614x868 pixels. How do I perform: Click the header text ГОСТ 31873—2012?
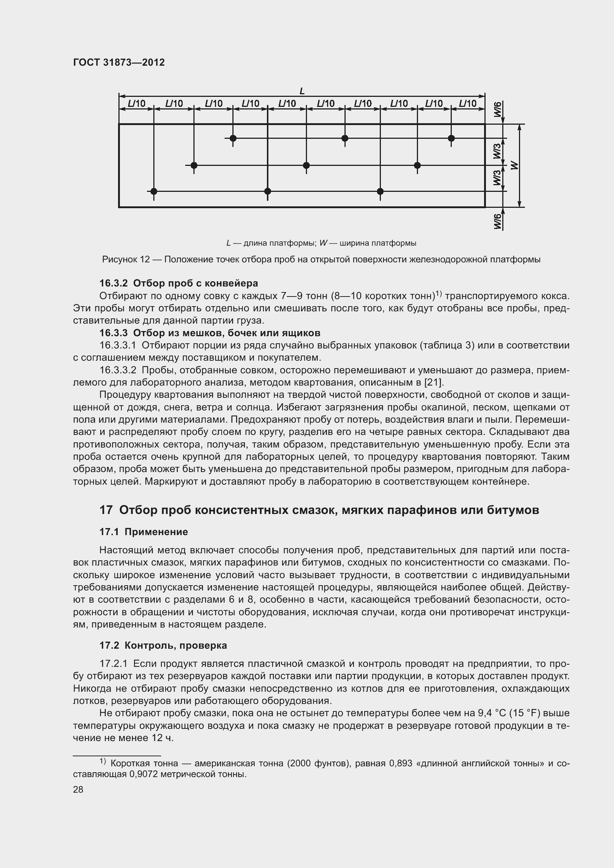coord(119,62)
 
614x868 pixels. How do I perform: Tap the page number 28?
coord(78,789)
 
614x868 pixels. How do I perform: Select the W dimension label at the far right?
coord(514,165)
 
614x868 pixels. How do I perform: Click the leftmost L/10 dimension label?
coord(137,103)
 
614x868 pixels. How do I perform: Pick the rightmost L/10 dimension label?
coord(468,103)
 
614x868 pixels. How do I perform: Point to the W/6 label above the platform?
coord(497,109)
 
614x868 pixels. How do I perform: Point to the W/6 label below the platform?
coord(497,221)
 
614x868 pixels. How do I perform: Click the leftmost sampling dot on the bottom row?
coord(154,191)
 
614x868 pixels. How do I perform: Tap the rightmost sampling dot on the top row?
coord(451,138)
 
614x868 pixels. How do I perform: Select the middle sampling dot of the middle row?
coord(306,166)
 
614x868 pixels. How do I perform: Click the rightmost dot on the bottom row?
coord(381,191)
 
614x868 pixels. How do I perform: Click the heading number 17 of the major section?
coord(106,510)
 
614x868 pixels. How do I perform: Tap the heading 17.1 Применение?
coord(143,532)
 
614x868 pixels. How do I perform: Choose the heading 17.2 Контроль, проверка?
coord(163,645)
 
